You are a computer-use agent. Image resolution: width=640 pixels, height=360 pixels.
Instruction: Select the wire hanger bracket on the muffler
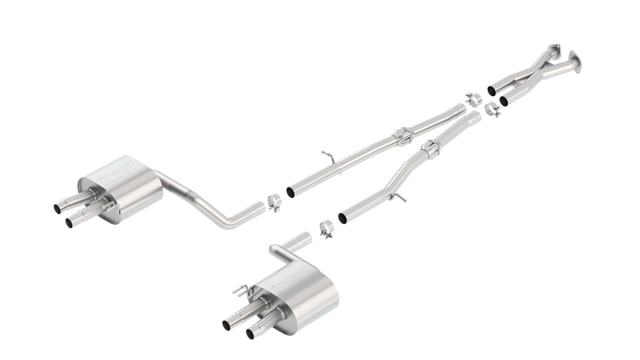pyautogui.click(x=240, y=291)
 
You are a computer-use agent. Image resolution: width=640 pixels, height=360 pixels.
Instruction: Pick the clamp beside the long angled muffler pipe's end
pyautogui.click(x=274, y=203)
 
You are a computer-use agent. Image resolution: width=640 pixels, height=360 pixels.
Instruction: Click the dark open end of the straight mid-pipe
pyautogui.click(x=290, y=191)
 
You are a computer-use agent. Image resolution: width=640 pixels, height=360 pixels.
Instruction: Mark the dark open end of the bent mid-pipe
pyautogui.click(x=342, y=218)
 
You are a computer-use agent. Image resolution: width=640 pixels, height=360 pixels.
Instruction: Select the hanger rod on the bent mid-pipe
pyautogui.click(x=397, y=198)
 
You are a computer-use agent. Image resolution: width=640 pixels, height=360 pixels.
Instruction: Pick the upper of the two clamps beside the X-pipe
pyautogui.click(x=473, y=99)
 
